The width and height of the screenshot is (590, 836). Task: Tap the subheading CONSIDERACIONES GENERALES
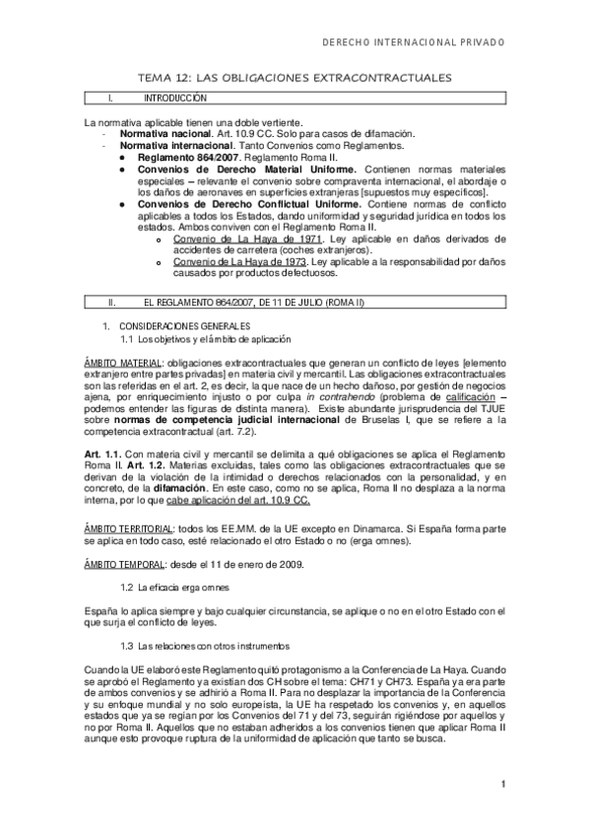pyautogui.click(x=184, y=325)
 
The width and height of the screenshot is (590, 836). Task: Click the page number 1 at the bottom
pyautogui.click(x=502, y=784)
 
